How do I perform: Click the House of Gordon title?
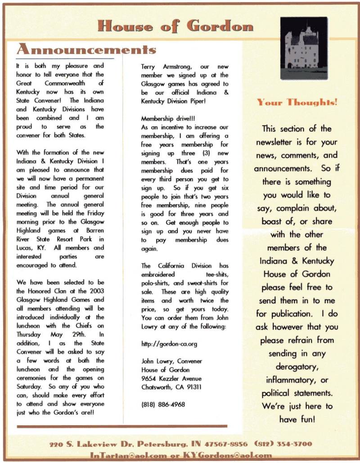tap(175, 26)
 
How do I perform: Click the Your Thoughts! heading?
tap(297, 103)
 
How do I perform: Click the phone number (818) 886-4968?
tap(163, 404)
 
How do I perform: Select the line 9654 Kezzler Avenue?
tap(171, 378)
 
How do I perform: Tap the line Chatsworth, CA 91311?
tap(171, 387)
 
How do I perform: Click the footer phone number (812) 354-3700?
tap(283, 444)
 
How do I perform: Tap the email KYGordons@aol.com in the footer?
tap(234, 455)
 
